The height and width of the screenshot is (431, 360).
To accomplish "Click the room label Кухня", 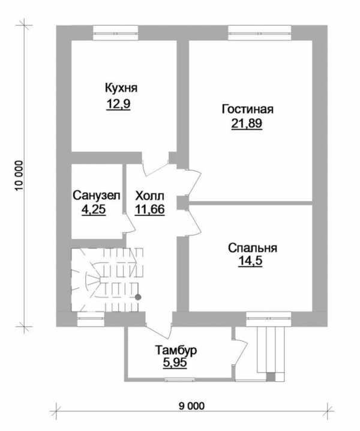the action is pyautogui.click(x=121, y=88).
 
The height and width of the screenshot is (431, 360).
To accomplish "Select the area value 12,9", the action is pyautogui.click(x=118, y=104).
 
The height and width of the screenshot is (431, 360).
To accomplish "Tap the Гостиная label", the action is pyautogui.click(x=248, y=109).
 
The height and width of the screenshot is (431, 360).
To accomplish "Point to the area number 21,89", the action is pyautogui.click(x=247, y=124).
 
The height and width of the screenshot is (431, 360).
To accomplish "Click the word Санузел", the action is pyautogui.click(x=97, y=196).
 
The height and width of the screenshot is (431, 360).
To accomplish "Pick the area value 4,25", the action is pyautogui.click(x=94, y=209).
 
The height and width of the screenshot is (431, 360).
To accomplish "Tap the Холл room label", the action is pyautogui.click(x=150, y=196).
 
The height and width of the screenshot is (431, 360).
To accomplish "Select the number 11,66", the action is pyautogui.click(x=150, y=209).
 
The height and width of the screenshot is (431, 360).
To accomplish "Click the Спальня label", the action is pyautogui.click(x=253, y=248).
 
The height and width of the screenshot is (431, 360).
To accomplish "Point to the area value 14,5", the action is pyautogui.click(x=250, y=261).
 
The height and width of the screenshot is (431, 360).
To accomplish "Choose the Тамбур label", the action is pyautogui.click(x=176, y=351).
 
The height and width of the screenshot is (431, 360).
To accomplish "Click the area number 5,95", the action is pyautogui.click(x=175, y=363).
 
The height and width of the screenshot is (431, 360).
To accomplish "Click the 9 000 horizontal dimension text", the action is pyautogui.click(x=192, y=406).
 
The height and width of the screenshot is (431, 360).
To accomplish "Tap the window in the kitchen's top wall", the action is pyautogui.click(x=115, y=33).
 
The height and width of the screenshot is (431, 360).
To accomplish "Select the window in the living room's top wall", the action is pyautogui.click(x=260, y=33).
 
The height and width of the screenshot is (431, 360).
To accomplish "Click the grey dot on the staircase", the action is pyautogui.click(x=138, y=297).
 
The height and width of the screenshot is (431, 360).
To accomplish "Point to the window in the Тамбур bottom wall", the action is pyautogui.click(x=180, y=380).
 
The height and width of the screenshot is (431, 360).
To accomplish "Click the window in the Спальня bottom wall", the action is pyautogui.click(x=268, y=319).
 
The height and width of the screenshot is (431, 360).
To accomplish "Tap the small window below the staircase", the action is pyautogui.click(x=91, y=319).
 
